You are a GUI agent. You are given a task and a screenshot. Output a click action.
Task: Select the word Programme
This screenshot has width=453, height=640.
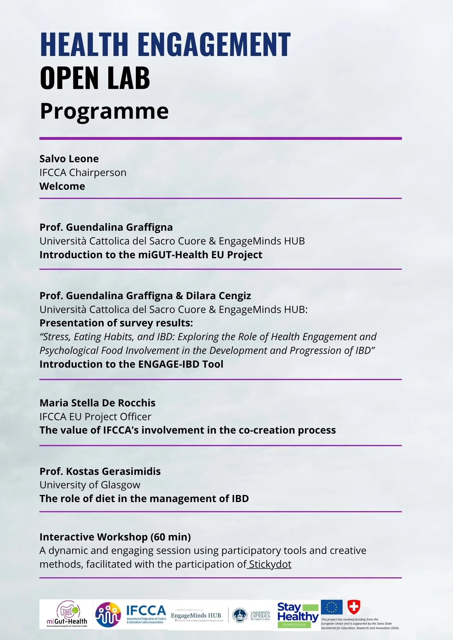(104, 111)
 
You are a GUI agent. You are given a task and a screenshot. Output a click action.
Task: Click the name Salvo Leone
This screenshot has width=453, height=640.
(69, 159)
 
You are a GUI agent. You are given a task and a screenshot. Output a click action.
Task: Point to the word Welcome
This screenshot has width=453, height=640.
(62, 186)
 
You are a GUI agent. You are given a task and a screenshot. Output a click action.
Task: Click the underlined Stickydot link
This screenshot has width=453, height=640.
(270, 564)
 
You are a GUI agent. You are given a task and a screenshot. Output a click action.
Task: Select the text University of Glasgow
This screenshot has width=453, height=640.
(90, 485)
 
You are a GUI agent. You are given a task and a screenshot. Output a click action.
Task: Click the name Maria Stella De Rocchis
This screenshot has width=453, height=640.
(97, 403)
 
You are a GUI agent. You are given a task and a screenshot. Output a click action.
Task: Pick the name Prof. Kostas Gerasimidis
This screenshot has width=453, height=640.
(100, 471)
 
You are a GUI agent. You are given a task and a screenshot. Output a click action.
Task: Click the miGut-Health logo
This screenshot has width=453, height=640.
(67, 614)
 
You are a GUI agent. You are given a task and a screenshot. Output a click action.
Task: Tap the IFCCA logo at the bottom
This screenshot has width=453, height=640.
(131, 614)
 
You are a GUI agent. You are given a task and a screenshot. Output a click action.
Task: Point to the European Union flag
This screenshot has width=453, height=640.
(332, 607)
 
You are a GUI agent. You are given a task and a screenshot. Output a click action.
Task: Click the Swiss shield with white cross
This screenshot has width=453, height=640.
(354, 607)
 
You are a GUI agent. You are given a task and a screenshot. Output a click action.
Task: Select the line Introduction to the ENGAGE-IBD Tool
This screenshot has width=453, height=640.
(131, 364)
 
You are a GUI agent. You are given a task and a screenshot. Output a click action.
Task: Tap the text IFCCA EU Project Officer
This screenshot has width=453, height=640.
(95, 417)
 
